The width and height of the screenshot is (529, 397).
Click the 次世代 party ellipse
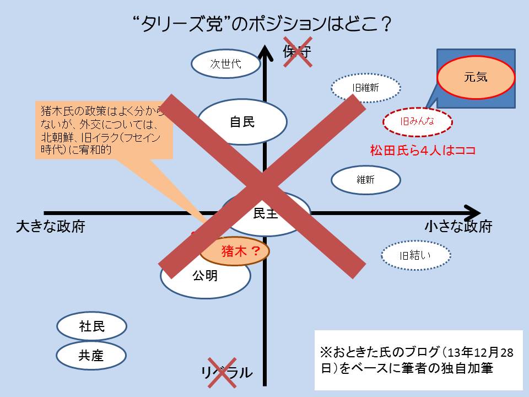click(226, 64)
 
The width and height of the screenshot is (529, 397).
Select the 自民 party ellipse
click(242, 122)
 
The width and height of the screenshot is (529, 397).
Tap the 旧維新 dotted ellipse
click(365, 87)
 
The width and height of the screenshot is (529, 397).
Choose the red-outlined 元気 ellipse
click(476, 77)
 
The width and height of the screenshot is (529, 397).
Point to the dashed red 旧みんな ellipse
click(417, 121)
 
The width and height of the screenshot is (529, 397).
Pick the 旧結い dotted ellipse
click(416, 255)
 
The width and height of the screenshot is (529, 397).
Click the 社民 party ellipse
click(91, 326)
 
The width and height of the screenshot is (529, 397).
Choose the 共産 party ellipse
click(91, 356)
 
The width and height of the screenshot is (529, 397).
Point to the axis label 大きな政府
click(51, 227)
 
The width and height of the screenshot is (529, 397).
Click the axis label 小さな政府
click(458, 227)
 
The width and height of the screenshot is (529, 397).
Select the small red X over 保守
click(297, 52)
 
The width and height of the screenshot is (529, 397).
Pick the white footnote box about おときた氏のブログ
click(418, 360)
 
